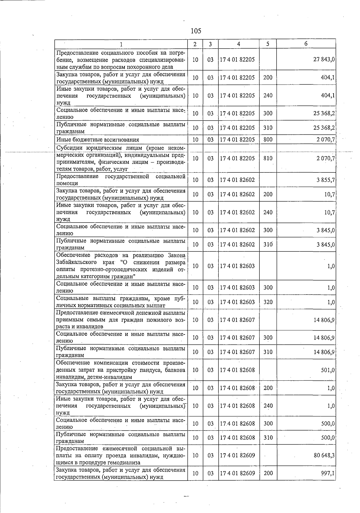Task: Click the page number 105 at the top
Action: [x=196, y=31]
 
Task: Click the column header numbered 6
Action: [x=306, y=43]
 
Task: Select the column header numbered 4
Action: [x=238, y=44]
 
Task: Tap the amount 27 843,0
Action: [x=324, y=59]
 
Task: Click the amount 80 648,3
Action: [x=324, y=455]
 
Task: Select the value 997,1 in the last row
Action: [x=328, y=473]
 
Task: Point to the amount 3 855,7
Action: [x=325, y=180]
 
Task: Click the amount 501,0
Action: [x=328, y=370]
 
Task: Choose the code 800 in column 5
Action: [x=268, y=139]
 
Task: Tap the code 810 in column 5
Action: [x=268, y=158]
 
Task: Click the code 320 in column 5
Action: [x=268, y=302]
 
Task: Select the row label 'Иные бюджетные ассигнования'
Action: [x=97, y=139]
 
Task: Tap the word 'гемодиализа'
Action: [x=126, y=463]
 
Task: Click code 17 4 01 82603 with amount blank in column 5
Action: [x=237, y=266]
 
